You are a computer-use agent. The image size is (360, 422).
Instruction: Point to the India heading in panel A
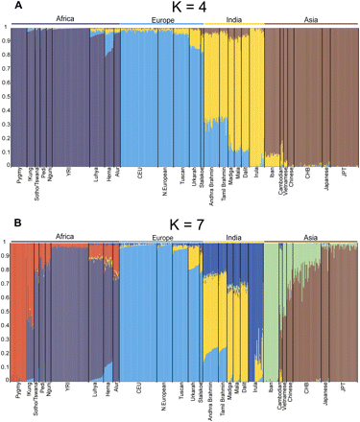pyautogui.click(x=231, y=16)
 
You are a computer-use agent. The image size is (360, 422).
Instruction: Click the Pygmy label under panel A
pyautogui.click(x=21, y=175)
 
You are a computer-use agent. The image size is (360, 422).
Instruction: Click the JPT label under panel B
pyautogui.click(x=347, y=387)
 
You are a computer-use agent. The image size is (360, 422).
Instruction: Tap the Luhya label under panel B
pyautogui.click(x=95, y=389)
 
